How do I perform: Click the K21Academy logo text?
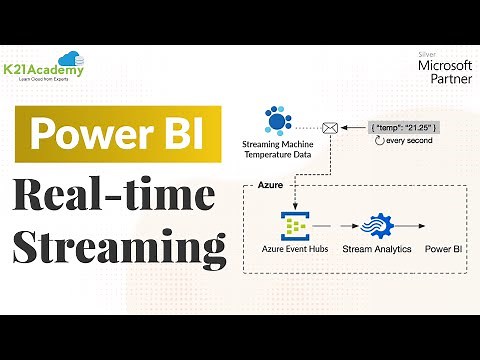[49, 70]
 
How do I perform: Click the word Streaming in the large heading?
[118, 244]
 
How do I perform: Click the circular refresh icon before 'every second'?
[378, 144]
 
